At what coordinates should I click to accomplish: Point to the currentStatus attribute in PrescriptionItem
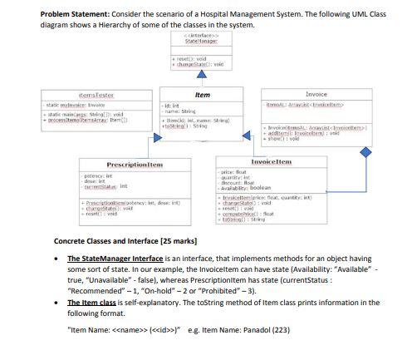(100, 189)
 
